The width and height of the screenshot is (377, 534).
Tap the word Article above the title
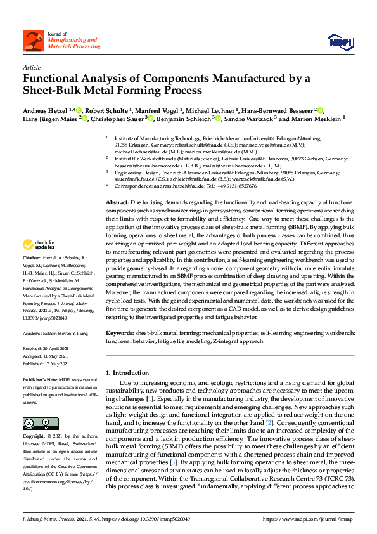pos(31,67)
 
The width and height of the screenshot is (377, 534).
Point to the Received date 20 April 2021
pos(61,331)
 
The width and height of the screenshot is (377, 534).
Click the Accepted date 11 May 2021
pos(61,338)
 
